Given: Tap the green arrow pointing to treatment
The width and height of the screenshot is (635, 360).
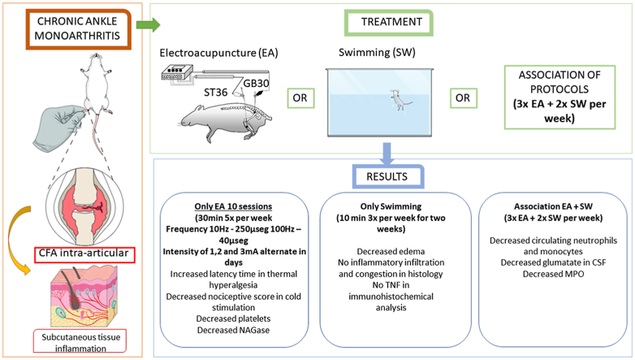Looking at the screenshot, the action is (148, 24).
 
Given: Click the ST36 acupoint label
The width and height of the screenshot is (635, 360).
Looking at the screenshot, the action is (215, 93).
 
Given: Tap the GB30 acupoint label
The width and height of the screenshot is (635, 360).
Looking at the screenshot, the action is (256, 84).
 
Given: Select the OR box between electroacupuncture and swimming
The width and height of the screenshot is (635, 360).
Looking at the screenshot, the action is (300, 98).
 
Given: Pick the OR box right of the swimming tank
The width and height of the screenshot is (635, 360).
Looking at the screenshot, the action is (464, 98).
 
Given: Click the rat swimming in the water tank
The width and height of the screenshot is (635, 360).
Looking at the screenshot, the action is (399, 100).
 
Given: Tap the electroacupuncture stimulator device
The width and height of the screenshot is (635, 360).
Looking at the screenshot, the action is (176, 72).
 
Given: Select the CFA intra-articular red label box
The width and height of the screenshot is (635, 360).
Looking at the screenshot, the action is (84, 254).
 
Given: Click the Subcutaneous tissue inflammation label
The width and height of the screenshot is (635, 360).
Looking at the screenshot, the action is (80, 342).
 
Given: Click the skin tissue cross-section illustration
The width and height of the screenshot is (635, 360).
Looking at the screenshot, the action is (84, 297).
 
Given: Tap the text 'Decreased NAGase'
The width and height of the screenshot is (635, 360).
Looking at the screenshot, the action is (233, 330).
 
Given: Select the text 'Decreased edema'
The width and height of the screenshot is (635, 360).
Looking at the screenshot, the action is (391, 251).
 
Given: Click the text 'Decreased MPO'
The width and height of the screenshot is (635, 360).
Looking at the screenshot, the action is (553, 274).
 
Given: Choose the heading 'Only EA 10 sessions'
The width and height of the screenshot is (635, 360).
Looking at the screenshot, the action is (233, 206).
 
